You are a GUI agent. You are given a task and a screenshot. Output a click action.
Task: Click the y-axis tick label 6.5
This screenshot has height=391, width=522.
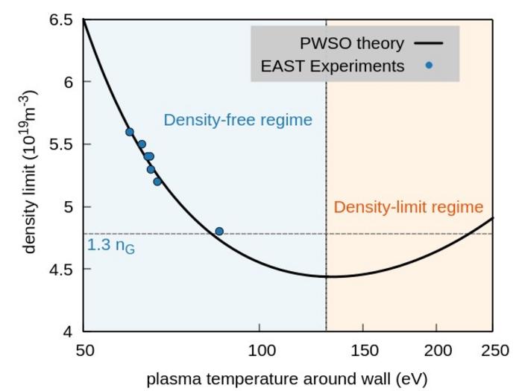(61, 19)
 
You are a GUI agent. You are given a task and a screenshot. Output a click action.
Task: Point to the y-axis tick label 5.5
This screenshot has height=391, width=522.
(61, 144)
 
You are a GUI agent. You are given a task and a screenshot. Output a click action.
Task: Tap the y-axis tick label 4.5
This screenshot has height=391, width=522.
(61, 269)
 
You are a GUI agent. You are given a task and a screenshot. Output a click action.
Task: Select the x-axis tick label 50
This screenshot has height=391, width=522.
(84, 350)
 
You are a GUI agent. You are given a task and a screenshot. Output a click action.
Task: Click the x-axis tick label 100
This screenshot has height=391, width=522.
(259, 350)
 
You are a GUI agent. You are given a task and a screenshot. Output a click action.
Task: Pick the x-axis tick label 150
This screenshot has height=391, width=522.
(362, 350)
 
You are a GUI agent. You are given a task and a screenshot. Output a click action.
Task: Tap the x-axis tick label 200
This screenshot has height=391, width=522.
(435, 350)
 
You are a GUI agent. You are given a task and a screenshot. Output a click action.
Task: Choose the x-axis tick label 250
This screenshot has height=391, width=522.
(492, 350)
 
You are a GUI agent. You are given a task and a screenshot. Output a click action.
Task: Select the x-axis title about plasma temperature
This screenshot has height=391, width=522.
(287, 378)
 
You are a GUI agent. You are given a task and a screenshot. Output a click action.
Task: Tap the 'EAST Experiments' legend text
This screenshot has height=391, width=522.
(333, 66)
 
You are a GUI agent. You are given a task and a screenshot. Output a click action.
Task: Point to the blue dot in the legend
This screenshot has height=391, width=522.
(430, 66)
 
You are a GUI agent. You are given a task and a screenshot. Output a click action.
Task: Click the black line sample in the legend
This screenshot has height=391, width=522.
(430, 44)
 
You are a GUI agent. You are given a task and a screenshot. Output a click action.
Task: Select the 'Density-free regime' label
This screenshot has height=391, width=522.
(238, 120)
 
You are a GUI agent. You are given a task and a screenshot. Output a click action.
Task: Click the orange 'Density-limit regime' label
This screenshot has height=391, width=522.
(409, 207)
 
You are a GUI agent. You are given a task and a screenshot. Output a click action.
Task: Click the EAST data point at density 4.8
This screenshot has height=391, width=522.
(219, 232)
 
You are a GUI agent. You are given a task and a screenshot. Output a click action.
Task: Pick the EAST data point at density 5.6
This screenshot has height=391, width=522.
(129, 132)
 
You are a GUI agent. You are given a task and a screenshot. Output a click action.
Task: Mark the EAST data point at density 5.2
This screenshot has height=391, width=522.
(157, 182)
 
